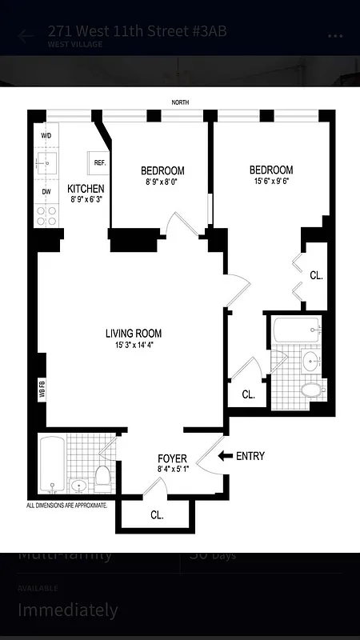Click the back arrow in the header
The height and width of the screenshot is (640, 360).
coord(26,36)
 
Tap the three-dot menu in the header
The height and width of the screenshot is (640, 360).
coord(335,36)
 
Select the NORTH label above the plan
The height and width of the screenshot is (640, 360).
coord(181,102)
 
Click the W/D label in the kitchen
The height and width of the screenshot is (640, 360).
coord(46,136)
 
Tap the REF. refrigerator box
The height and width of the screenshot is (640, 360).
coord(100,162)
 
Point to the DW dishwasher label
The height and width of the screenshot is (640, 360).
coord(46,191)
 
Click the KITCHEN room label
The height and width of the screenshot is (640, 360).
coord(86,188)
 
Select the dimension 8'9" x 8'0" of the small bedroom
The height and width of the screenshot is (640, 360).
coord(162,182)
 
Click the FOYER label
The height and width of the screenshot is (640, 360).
coord(172,458)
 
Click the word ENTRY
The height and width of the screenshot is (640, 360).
coord(250,457)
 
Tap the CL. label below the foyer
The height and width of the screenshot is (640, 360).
coord(157,515)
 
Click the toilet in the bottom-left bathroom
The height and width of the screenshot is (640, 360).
coord(102,478)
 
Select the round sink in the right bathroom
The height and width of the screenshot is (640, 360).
coord(311,361)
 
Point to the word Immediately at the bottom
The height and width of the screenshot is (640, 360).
coord(68,610)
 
